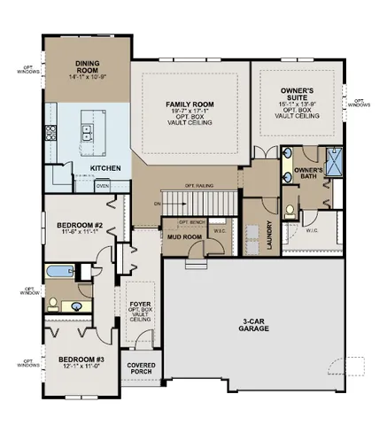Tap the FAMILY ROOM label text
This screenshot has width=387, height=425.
click(x=191, y=104)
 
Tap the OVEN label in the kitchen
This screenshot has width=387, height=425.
click(x=103, y=186)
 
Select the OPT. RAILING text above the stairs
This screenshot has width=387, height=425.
click(x=201, y=185)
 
